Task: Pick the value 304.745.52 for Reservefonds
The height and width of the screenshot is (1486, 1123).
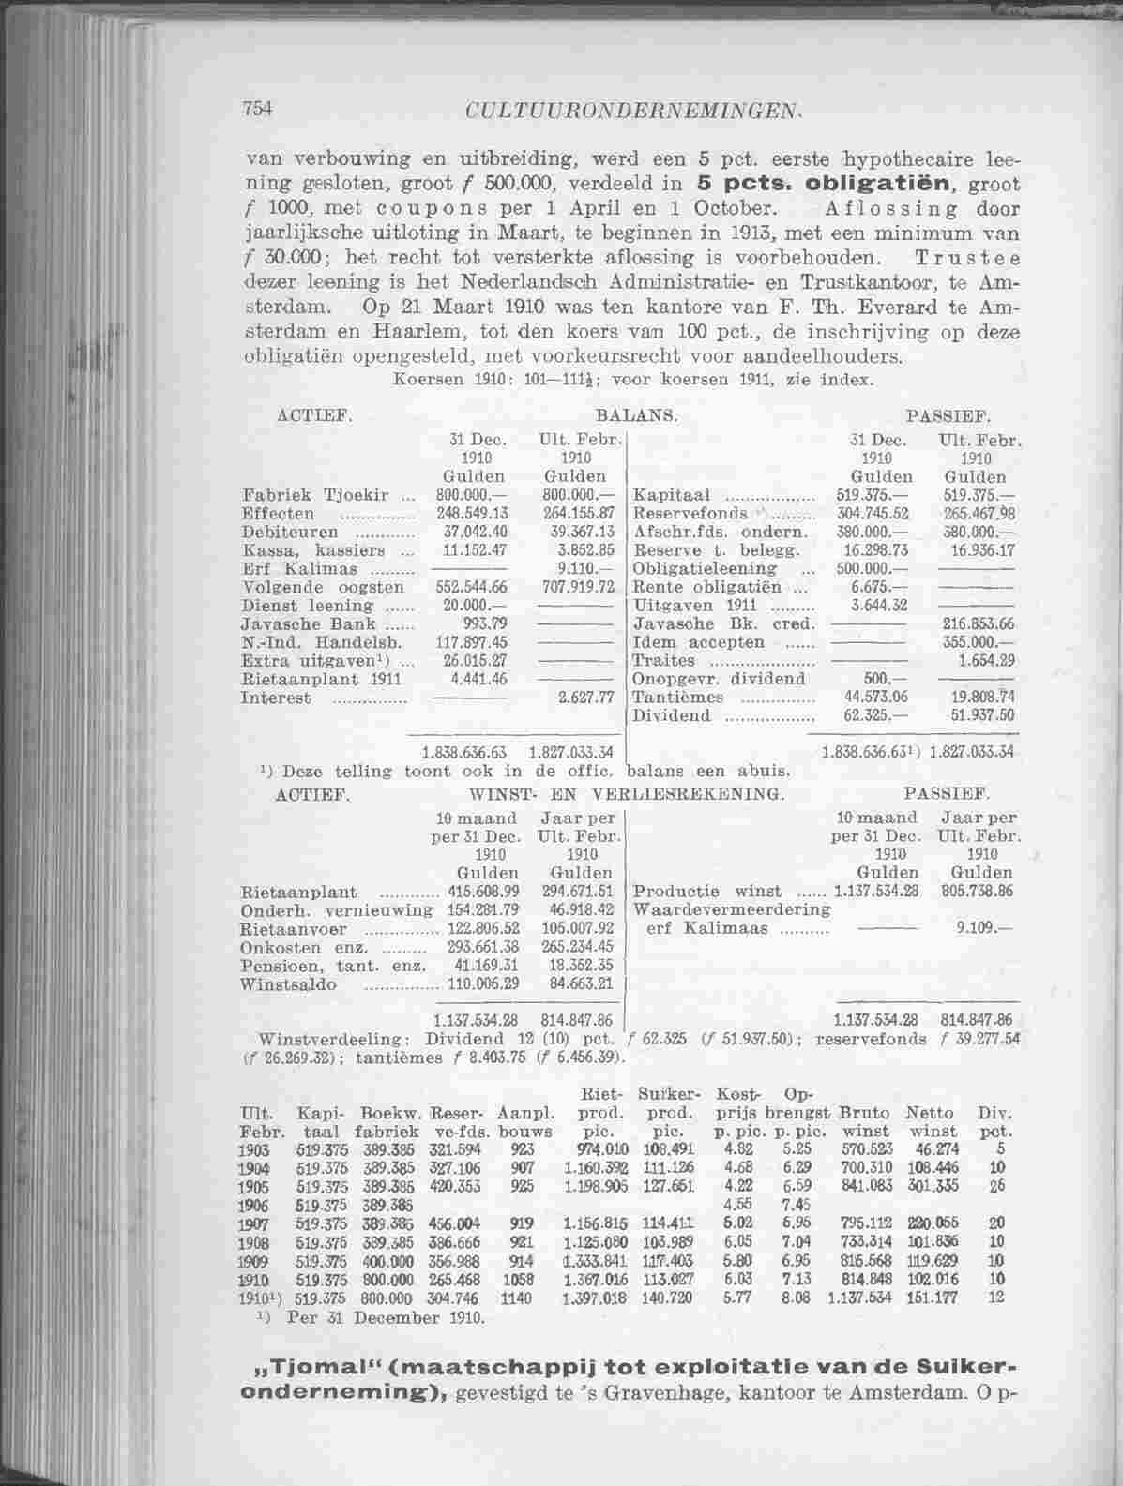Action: (871, 515)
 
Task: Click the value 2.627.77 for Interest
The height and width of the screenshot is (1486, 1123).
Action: (578, 698)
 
